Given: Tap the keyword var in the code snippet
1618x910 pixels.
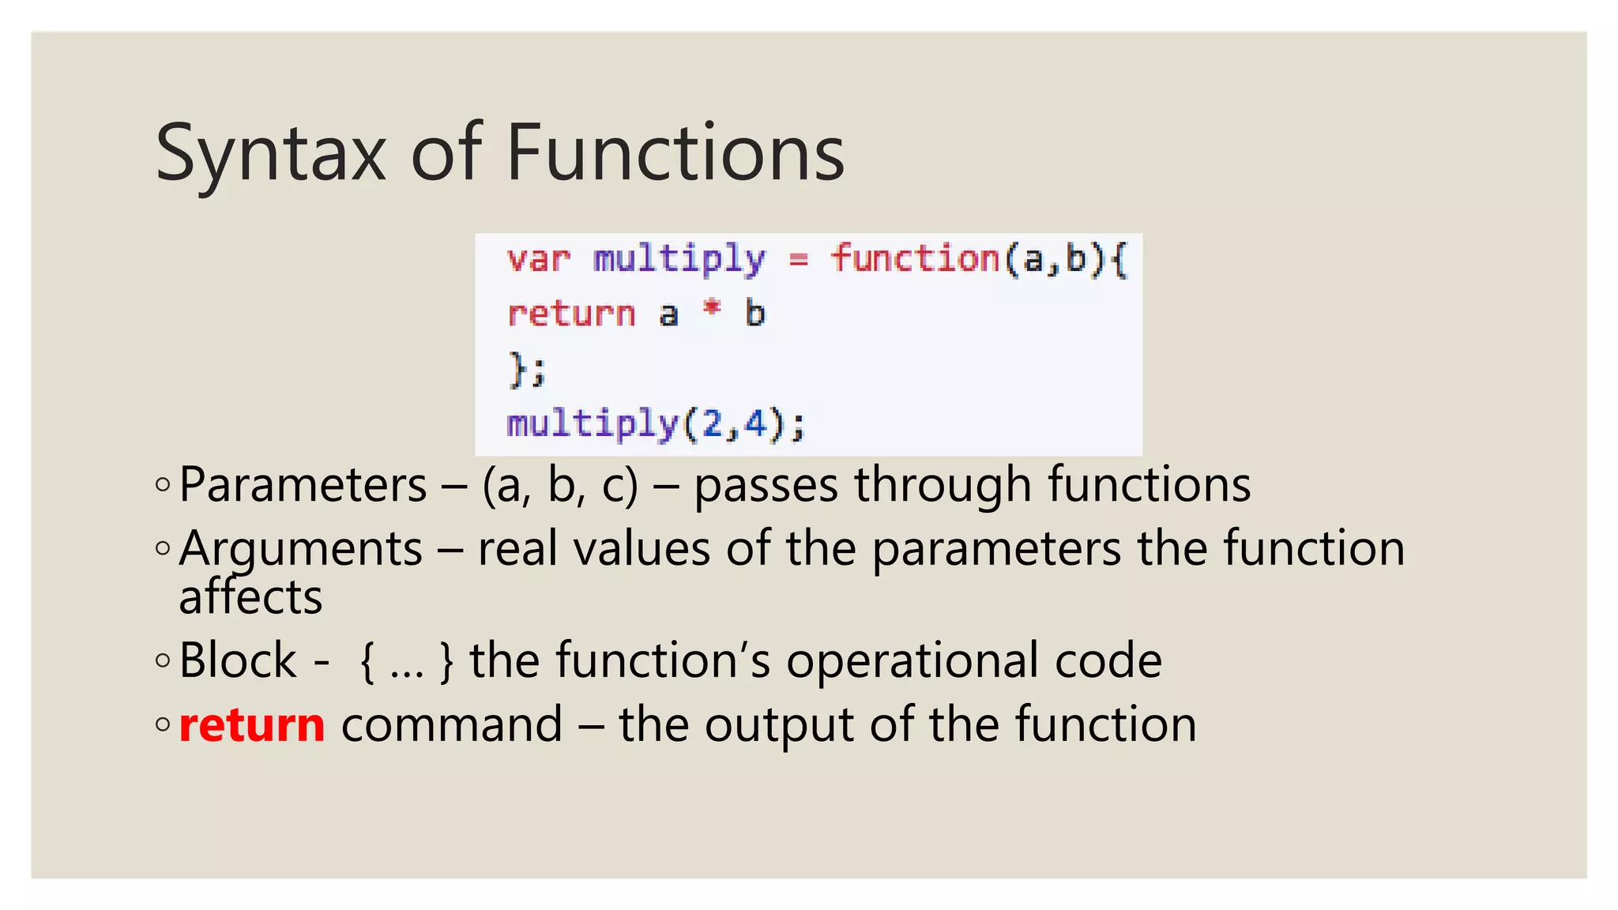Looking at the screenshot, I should pos(538,260).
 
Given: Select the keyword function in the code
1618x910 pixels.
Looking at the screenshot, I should pos(916,258).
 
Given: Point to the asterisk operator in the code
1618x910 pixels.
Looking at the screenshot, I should pos(712,309).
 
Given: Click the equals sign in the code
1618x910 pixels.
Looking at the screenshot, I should pos(799,260).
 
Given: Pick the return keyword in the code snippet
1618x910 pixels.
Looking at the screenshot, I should pos(571,314).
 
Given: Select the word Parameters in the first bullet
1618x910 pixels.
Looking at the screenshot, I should pos(303,484).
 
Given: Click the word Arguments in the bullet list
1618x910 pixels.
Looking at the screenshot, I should pos(301,549).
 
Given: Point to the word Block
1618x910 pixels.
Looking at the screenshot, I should pos(238,660).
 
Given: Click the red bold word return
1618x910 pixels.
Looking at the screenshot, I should pos(252,724).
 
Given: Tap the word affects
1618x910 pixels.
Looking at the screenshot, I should pos(250,597).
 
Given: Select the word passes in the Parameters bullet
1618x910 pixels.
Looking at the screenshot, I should pos(766,484).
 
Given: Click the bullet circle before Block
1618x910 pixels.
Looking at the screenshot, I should pos(163,660).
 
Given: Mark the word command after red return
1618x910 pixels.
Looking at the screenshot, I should pos(452,724).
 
